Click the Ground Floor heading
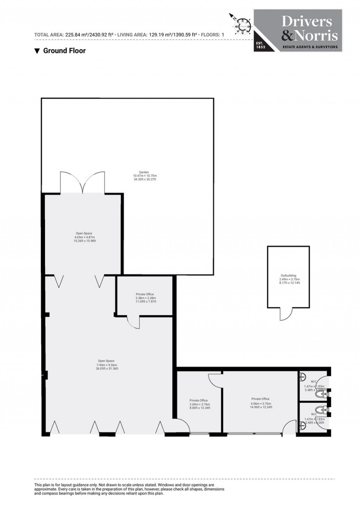pos(60,51)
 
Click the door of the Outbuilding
pos(286,314)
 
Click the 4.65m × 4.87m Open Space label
pos(84,237)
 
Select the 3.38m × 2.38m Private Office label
pos(144,298)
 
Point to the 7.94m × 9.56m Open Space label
pos(107,365)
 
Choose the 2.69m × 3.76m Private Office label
pos(199,404)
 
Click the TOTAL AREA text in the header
pos(73,35)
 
